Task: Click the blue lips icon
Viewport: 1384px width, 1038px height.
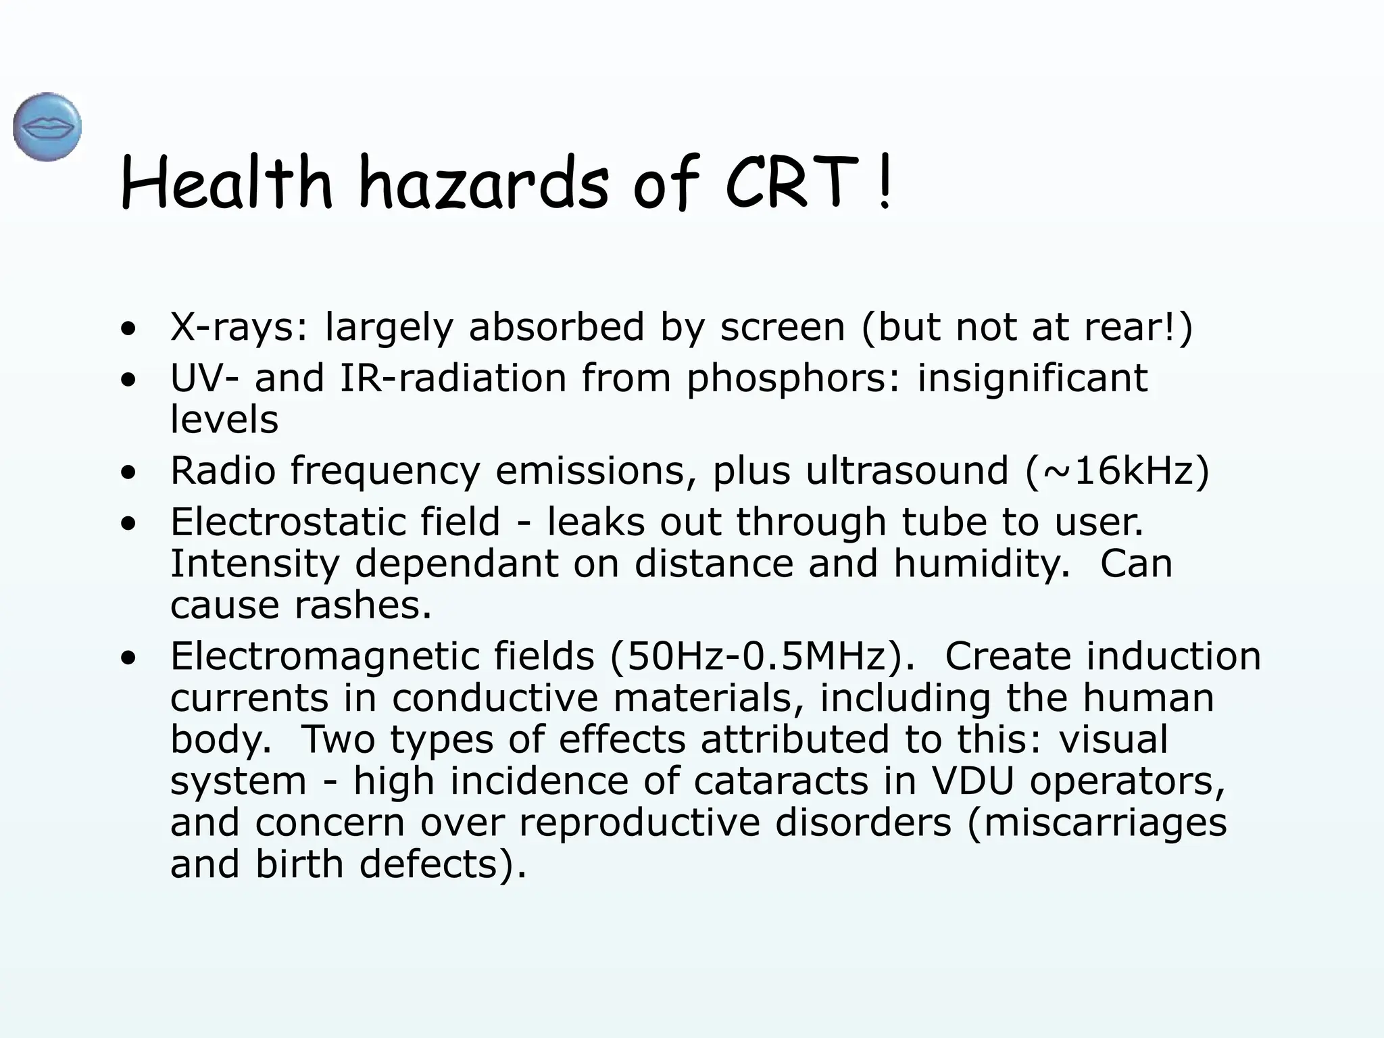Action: [x=47, y=127]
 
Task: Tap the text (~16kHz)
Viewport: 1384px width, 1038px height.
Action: [x=1117, y=470]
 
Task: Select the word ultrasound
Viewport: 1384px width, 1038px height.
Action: [x=906, y=470]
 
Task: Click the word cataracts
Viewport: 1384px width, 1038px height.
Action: [x=781, y=781]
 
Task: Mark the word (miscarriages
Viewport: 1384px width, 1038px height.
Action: [x=1097, y=823]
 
